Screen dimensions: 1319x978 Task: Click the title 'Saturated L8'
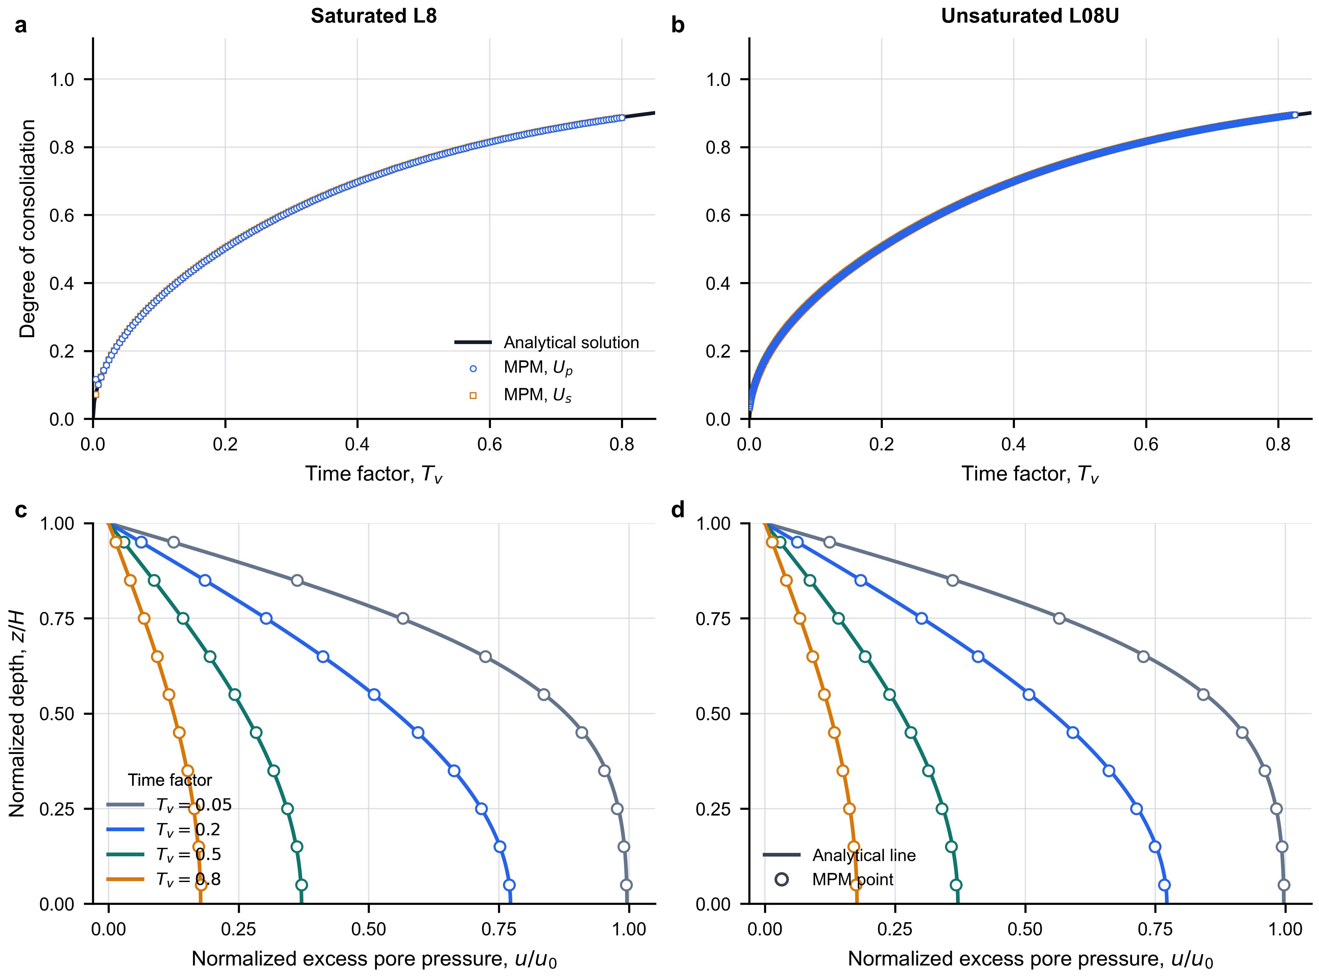(x=374, y=16)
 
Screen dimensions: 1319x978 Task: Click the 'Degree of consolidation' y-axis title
(x=27, y=229)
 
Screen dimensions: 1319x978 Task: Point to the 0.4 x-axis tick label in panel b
(x=1013, y=444)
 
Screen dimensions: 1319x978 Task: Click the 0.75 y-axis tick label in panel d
(x=713, y=619)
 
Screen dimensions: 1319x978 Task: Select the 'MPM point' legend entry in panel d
(x=852, y=880)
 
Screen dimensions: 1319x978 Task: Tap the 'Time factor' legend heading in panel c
(x=170, y=780)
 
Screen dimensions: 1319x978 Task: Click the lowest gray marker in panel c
(x=626, y=885)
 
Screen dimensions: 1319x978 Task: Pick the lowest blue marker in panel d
(x=1165, y=885)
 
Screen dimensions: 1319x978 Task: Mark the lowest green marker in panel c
(x=301, y=885)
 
